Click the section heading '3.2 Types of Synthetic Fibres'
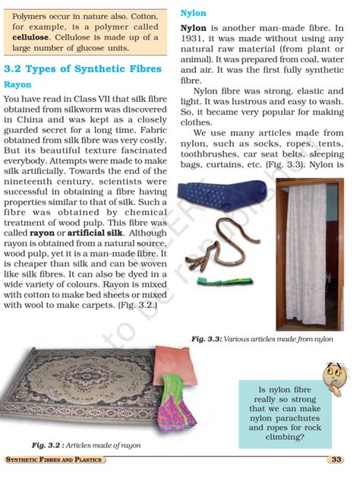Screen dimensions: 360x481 (83, 69)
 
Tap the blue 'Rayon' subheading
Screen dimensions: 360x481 (18, 85)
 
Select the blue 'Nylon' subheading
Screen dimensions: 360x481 (193, 14)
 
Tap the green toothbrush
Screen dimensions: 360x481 (216, 280)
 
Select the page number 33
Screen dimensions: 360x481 (336, 460)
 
